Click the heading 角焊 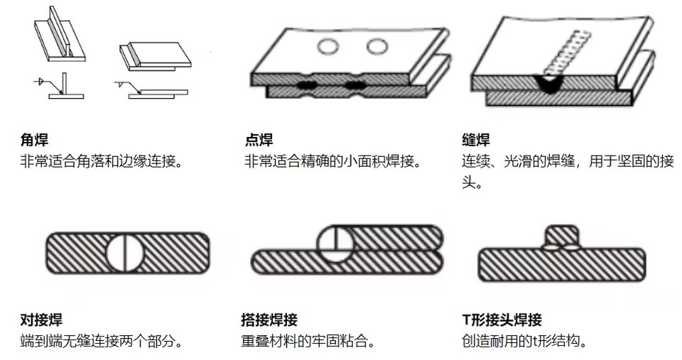coord(35,140)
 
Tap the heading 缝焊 coord(475,140)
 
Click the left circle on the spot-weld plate coord(328,47)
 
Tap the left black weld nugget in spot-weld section coord(308,86)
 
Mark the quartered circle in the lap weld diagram coord(334,244)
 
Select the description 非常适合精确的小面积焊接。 coord(333,161)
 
